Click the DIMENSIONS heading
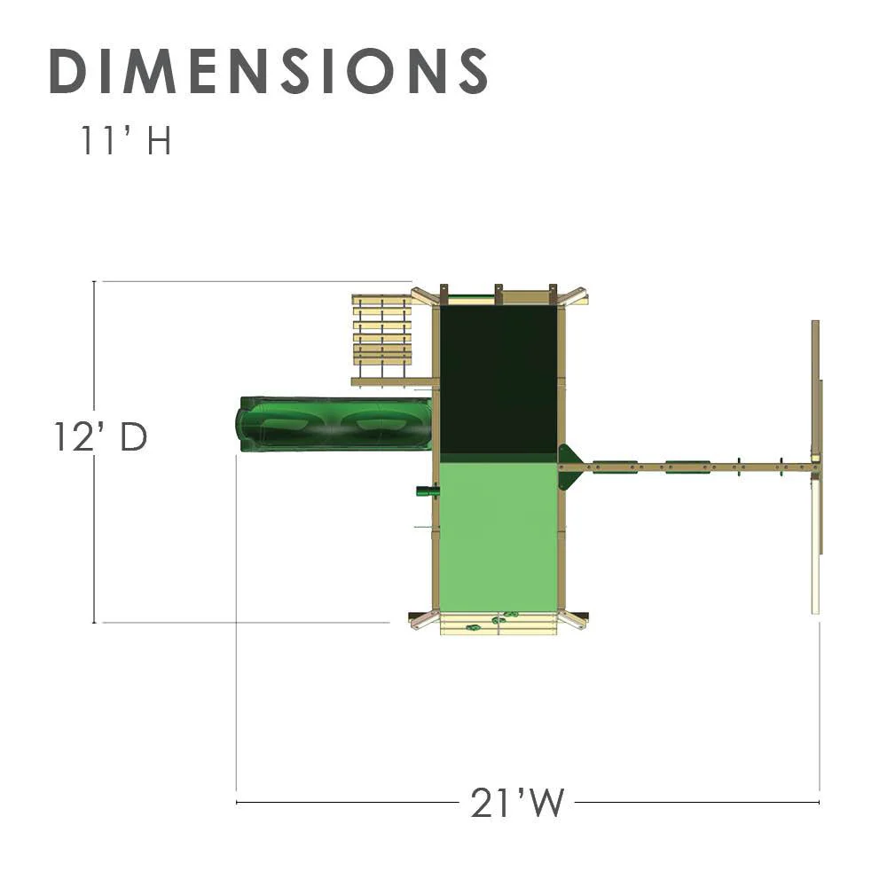point(269,71)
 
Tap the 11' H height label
point(126,140)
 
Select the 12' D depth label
point(100,436)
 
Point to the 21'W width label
point(517,802)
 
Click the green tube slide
point(334,425)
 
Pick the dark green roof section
point(498,380)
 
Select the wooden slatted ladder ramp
point(382,336)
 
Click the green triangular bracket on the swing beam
point(568,467)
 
